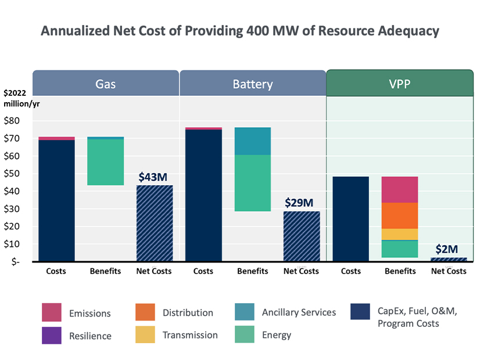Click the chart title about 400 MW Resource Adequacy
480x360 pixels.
(239, 31)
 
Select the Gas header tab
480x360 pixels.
(105, 84)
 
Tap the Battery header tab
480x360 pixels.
(252, 84)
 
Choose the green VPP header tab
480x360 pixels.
(399, 84)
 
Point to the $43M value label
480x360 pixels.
(154, 177)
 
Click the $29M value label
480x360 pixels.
(301, 203)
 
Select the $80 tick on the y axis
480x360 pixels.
(12, 121)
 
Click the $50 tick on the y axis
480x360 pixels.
(12, 174)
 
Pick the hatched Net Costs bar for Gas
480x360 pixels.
(154, 224)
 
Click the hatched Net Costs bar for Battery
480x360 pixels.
(301, 236)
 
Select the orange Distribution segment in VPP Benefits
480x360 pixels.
(400, 215)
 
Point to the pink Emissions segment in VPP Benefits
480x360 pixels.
(400, 189)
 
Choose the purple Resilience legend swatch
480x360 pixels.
(52, 335)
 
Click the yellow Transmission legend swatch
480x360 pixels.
(145, 335)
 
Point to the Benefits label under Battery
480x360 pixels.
(252, 271)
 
